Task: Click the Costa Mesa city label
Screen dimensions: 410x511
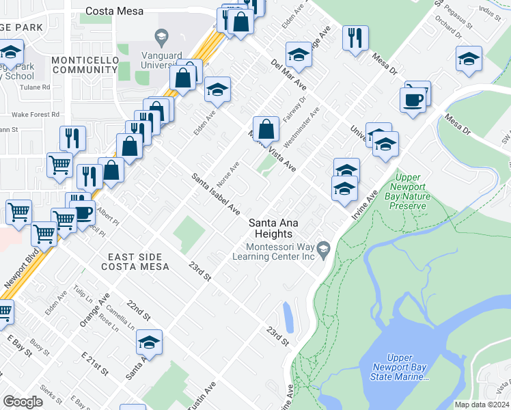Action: (x=113, y=11)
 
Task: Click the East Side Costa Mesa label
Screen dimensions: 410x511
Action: (x=138, y=261)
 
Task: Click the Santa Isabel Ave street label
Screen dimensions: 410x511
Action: (x=215, y=193)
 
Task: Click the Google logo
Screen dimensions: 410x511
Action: (x=23, y=401)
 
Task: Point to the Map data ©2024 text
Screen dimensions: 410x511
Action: (x=482, y=405)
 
